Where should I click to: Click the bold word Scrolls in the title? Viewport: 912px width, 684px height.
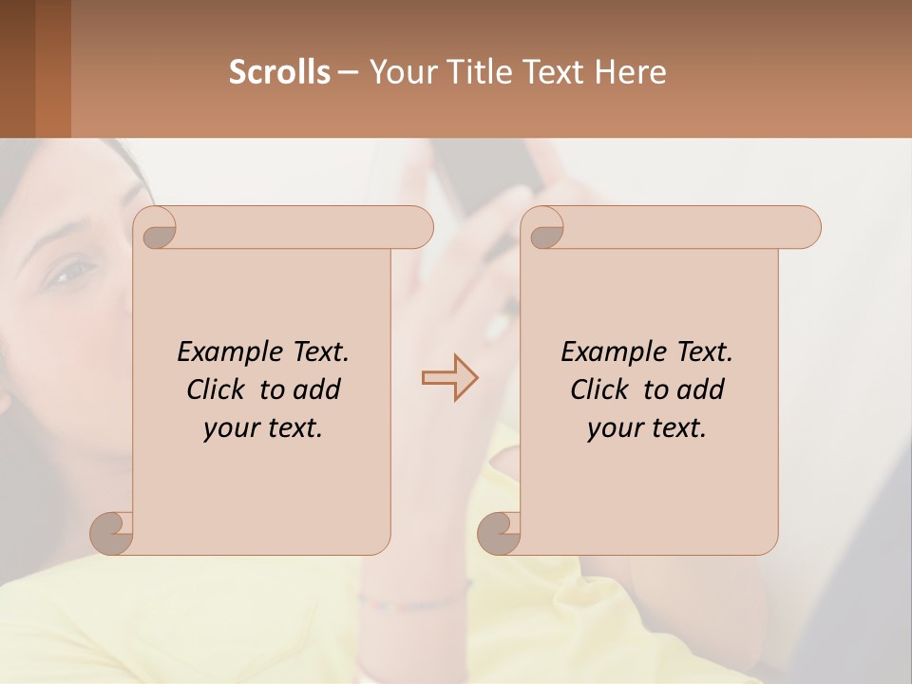point(279,72)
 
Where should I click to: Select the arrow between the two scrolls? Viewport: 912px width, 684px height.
point(449,378)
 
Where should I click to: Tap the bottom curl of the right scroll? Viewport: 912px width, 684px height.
point(500,532)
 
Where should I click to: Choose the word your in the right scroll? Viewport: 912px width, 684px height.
point(614,428)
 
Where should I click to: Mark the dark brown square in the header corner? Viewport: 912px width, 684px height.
point(17,68)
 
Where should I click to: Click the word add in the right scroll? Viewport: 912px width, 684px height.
point(700,389)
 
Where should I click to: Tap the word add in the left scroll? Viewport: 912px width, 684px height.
point(316,389)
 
